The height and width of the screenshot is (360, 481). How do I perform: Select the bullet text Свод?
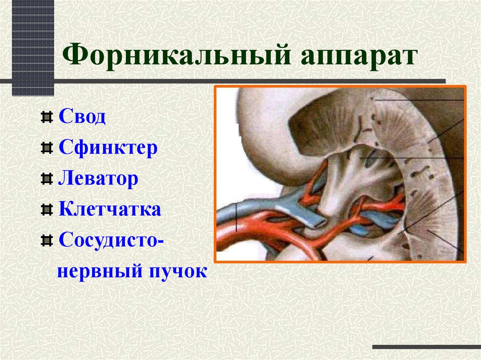(82, 116)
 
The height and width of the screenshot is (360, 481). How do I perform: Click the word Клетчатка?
(110, 209)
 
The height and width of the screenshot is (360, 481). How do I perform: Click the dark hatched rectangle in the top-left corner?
(32, 47)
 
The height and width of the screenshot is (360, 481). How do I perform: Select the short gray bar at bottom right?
(426, 347)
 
